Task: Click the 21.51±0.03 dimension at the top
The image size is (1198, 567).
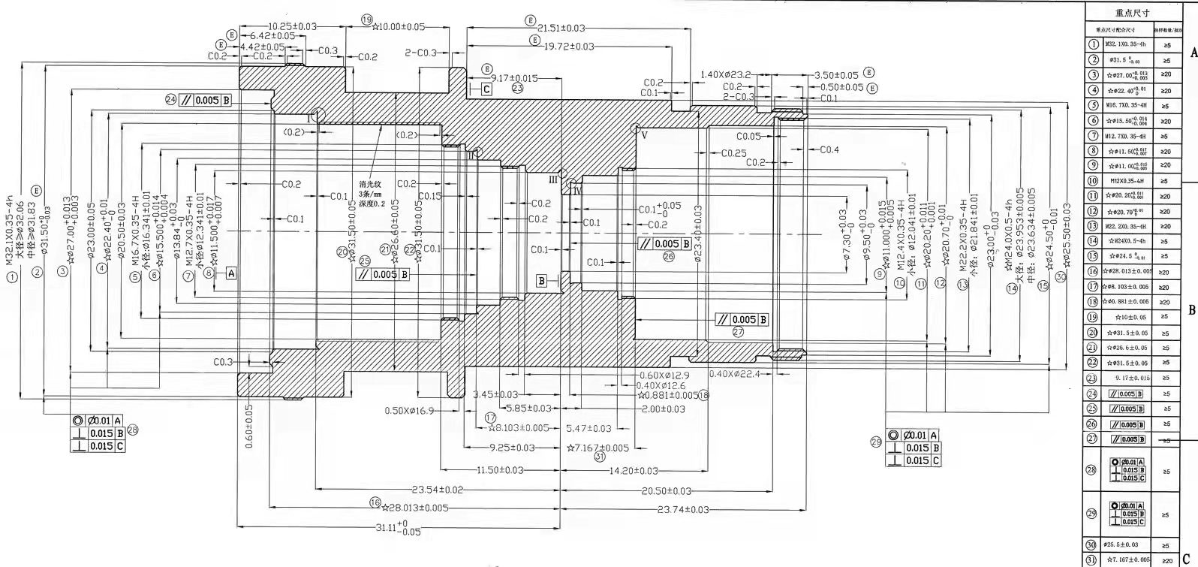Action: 561,28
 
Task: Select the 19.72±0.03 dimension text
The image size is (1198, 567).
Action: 568,47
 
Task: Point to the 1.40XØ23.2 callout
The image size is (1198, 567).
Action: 726,75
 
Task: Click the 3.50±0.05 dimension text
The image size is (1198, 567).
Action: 836,75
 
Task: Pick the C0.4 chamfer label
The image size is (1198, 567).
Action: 829,150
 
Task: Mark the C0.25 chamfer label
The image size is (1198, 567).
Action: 733,153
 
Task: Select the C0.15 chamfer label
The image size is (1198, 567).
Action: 429,197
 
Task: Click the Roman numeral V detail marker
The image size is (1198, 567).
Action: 643,135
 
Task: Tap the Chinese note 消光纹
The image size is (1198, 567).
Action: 371,183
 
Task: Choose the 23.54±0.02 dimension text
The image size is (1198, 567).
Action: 438,490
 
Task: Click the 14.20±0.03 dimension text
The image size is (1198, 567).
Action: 634,471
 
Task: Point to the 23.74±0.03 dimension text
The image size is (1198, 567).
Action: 682,510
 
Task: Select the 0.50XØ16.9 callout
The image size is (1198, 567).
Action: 410,411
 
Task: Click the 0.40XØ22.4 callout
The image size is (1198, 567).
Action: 734,374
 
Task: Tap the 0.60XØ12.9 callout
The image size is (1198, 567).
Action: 664,375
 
